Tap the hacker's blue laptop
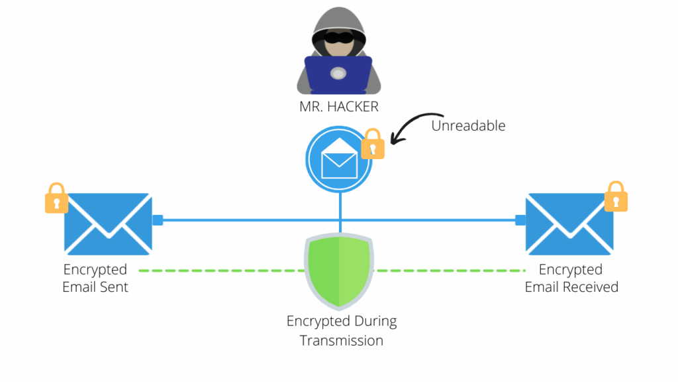338,74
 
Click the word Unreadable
468,125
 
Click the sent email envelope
108,223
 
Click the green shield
339,271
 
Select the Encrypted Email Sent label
95,279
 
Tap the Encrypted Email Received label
571,279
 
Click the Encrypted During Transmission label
342,330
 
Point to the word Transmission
342,340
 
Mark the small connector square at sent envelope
158,220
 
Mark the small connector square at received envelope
521,220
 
